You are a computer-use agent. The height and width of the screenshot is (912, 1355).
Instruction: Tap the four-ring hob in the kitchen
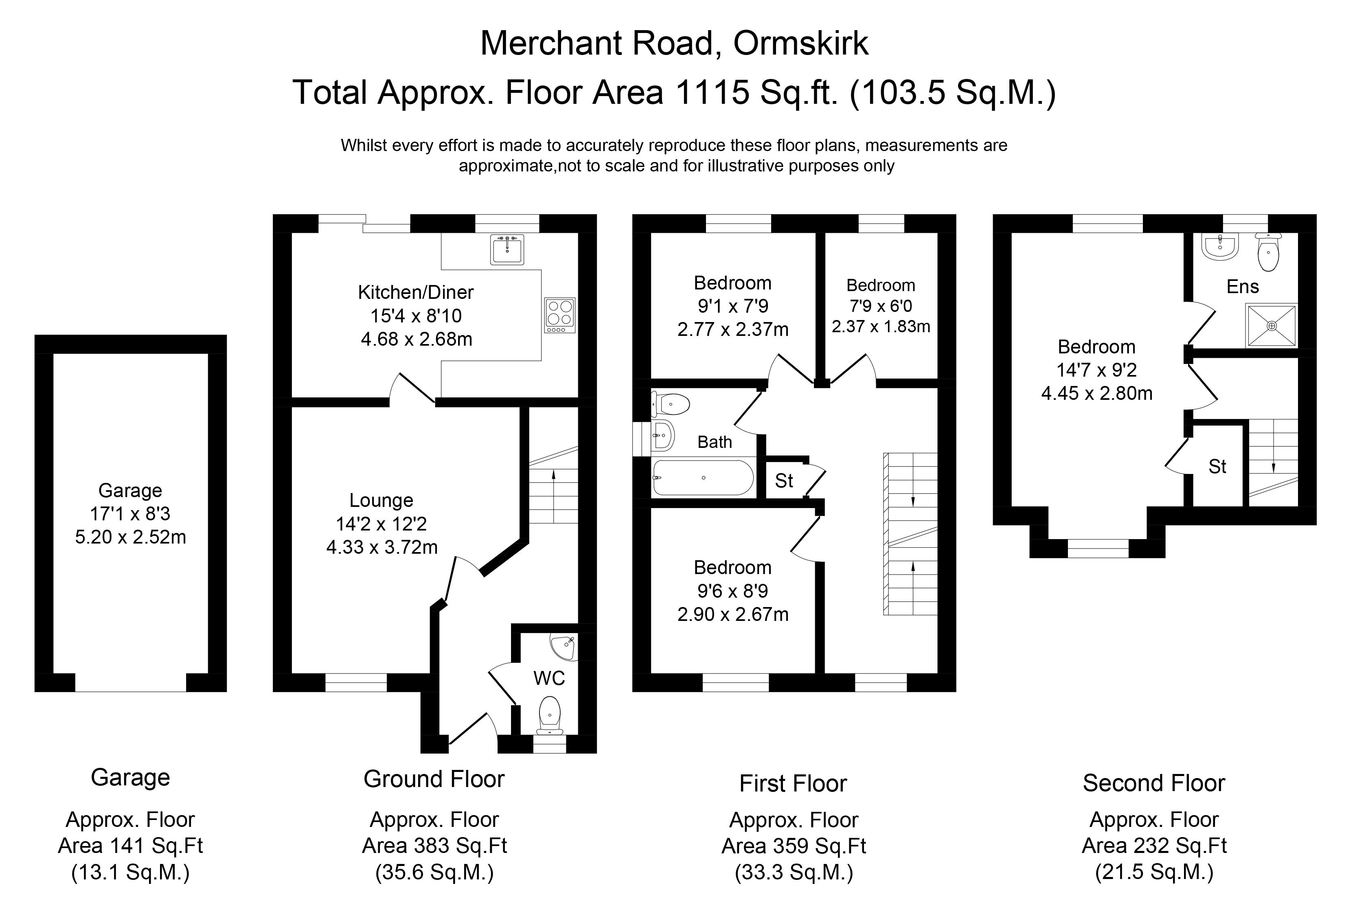559,315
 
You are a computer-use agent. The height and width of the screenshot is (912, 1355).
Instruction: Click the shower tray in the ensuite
1271,326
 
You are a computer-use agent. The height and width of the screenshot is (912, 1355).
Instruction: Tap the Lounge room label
381,500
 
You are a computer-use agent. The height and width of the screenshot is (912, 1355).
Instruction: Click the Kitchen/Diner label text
416,292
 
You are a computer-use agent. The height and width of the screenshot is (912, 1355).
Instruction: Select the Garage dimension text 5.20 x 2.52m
130,537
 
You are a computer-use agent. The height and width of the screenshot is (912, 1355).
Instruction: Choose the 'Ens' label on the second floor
1243,286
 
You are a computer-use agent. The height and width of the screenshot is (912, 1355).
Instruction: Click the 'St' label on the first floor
784,481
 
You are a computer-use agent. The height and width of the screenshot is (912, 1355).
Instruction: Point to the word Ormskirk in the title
801,43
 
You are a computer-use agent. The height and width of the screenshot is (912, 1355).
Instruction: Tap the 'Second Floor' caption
1154,783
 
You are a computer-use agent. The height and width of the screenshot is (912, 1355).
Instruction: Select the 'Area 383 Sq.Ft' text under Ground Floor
434,845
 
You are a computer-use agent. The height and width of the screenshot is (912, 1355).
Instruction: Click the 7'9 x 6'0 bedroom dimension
880,305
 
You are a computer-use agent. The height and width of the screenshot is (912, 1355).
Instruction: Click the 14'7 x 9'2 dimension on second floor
1096,370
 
